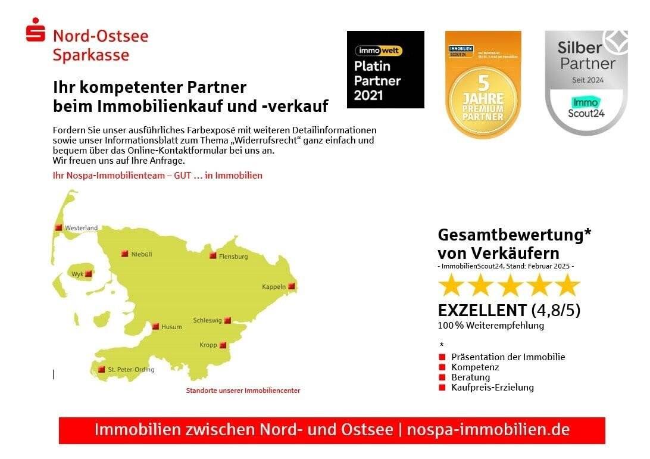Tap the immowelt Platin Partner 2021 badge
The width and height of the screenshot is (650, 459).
point(385,70)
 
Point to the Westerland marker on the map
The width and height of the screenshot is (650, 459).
point(58,227)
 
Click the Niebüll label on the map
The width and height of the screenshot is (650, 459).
point(142,254)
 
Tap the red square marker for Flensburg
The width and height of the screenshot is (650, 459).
point(212,255)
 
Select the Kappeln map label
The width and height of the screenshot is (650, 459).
point(274,287)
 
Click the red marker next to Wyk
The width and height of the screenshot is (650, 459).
point(89,274)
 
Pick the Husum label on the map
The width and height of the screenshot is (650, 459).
point(172,327)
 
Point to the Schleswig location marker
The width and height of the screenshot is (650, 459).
point(227,320)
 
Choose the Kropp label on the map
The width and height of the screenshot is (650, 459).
point(208,345)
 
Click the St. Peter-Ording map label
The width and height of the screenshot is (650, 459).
point(131,370)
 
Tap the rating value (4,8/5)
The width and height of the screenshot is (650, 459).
point(556,310)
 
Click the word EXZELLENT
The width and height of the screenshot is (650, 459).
point(482,310)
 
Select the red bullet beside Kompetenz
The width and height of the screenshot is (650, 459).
point(442,367)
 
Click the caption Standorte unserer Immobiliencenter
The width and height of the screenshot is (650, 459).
point(243,391)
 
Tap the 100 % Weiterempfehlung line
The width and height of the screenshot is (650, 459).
point(490,326)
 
